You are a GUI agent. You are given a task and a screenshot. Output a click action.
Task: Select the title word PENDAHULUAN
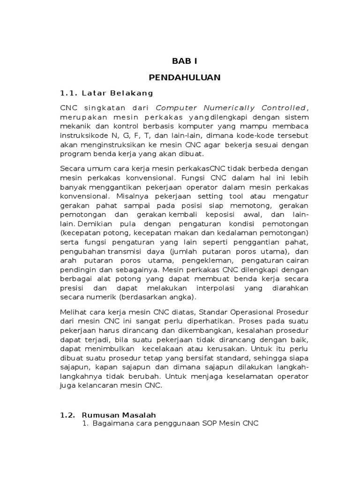click(185, 77)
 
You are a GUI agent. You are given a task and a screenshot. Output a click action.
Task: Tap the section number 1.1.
click(69, 93)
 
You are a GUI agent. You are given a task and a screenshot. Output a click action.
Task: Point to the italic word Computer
click(176, 108)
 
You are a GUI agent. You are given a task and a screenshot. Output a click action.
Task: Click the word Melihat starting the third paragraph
click(73, 312)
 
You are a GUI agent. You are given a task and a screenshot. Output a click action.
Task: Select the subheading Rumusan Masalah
click(119, 415)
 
